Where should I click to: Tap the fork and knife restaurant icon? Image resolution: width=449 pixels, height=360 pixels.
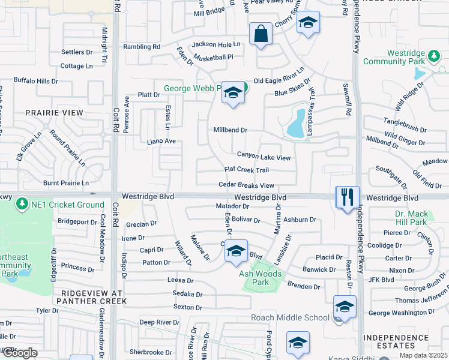348,197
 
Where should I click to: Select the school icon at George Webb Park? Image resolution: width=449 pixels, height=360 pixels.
233,93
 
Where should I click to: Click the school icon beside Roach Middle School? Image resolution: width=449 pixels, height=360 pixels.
345,307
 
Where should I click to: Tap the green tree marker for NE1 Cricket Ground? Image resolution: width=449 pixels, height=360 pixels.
22,205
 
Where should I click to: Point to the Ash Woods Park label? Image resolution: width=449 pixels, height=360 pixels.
262,278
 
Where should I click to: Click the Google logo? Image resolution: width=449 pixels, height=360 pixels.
19,353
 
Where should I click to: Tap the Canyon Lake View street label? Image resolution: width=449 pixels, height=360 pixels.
264,157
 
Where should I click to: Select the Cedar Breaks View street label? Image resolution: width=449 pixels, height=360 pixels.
246,185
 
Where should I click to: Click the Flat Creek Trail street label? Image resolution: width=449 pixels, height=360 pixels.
246,170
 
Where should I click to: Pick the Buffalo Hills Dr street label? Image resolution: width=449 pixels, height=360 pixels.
36,80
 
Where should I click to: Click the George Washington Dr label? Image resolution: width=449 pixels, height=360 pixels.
401,313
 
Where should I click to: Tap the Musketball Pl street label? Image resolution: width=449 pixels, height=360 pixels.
213,57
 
